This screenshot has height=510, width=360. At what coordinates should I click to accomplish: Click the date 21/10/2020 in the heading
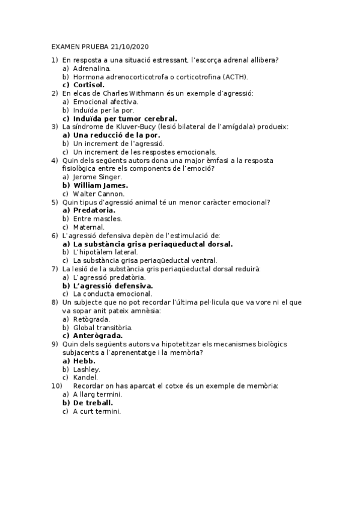pyautogui.click(x=128, y=46)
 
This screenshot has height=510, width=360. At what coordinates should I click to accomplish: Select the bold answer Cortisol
pyautogui.click(x=91, y=85)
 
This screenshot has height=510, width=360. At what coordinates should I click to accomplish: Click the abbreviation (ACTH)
pyautogui.click(x=235, y=76)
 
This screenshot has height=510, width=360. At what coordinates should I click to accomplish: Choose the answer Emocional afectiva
pyautogui.click(x=105, y=102)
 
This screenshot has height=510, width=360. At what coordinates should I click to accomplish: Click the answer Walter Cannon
pyautogui.click(x=99, y=194)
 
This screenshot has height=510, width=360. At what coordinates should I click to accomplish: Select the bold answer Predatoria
pyautogui.click(x=94, y=210)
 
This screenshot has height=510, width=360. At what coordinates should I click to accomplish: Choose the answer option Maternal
pyautogui.click(x=88, y=227)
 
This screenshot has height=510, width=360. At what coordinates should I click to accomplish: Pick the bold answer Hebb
pyautogui.click(x=84, y=361)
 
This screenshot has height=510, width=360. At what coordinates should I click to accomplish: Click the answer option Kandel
pyautogui.click(x=85, y=377)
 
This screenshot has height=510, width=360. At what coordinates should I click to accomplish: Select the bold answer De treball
pyautogui.click(x=93, y=402)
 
